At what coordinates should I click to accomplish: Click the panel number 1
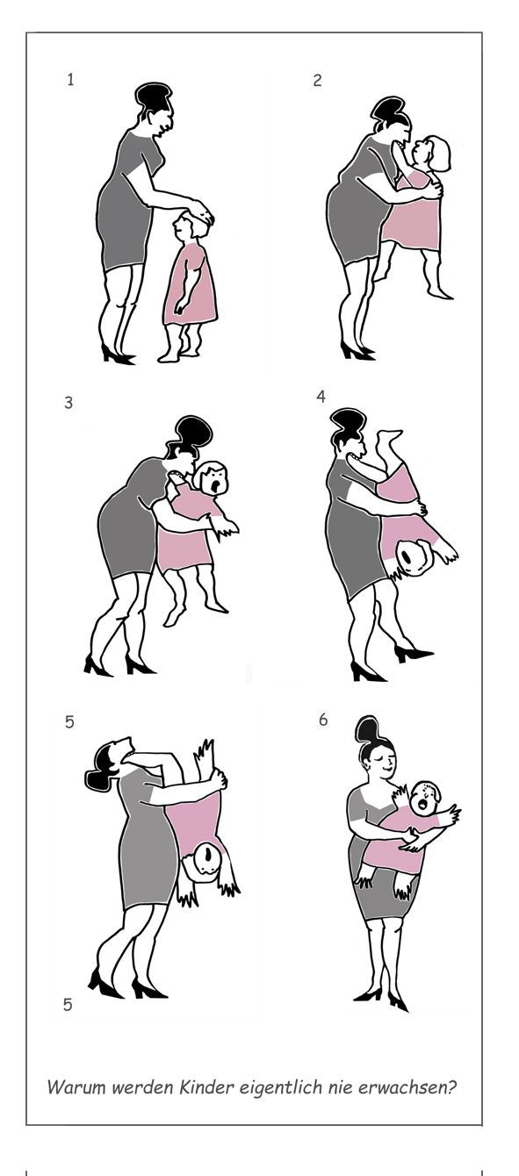pyautogui.click(x=70, y=80)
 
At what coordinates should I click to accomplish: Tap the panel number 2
pyautogui.click(x=317, y=81)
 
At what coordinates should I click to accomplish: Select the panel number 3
pyautogui.click(x=68, y=403)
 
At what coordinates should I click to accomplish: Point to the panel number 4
pyautogui.click(x=321, y=397)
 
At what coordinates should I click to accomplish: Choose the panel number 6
pyautogui.click(x=323, y=720)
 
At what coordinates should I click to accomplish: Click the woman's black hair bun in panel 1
pyautogui.click(x=153, y=96)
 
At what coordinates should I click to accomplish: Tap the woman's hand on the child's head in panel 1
pyautogui.click(x=198, y=210)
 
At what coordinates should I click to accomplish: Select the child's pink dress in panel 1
pyautogui.click(x=191, y=284)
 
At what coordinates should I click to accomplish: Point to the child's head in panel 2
pyautogui.click(x=432, y=153)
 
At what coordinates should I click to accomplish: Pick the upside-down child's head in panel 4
pyautogui.click(x=416, y=557)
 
